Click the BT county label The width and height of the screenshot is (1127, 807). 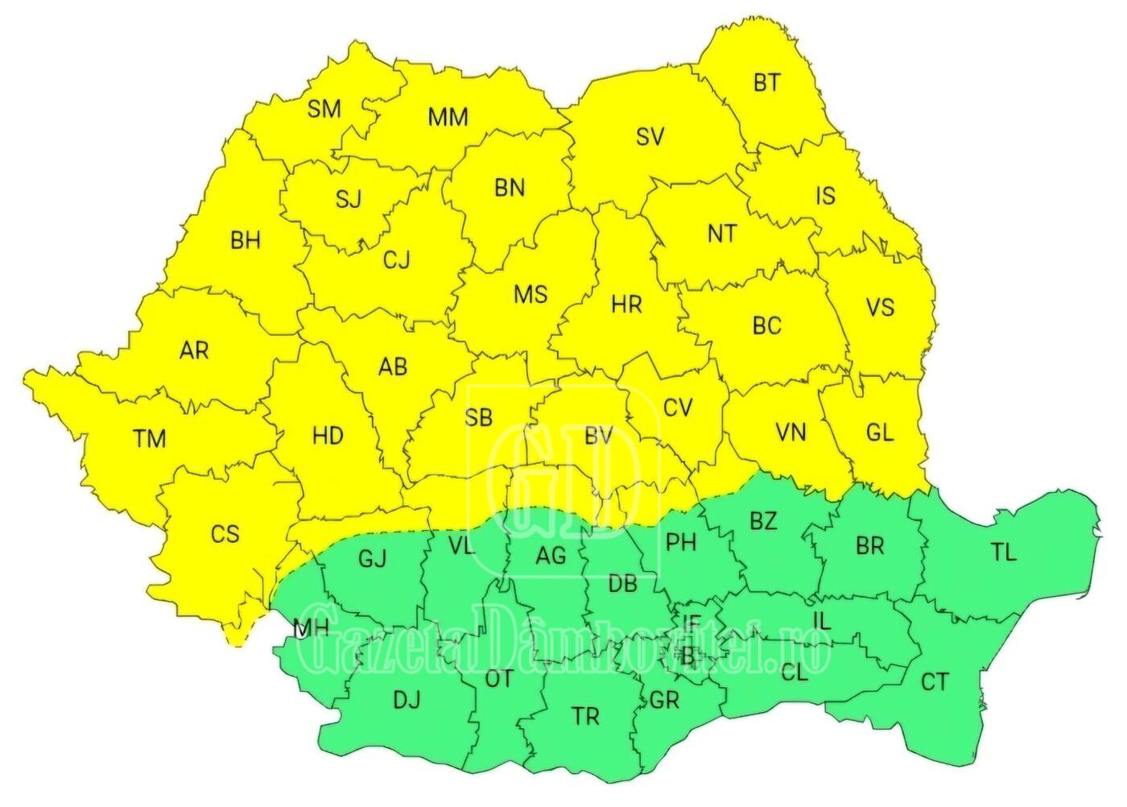[766, 82]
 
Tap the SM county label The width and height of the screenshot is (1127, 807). [324, 109]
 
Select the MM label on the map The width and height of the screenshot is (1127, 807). [448, 118]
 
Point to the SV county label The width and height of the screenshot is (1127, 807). [650, 137]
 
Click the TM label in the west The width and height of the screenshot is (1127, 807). [150, 439]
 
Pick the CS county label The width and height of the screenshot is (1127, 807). [225, 533]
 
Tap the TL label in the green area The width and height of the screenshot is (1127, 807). [1003, 552]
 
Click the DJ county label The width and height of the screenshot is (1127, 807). [407, 701]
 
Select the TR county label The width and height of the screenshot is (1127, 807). [585, 716]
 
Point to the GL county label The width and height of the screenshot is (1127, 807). [880, 432]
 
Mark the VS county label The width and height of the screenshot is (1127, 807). [880, 308]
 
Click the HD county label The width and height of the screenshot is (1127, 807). [328, 437]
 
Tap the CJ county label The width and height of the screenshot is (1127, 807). [396, 260]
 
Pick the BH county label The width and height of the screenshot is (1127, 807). [245, 240]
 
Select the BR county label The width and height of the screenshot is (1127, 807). [869, 547]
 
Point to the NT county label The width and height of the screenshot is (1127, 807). [721, 234]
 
